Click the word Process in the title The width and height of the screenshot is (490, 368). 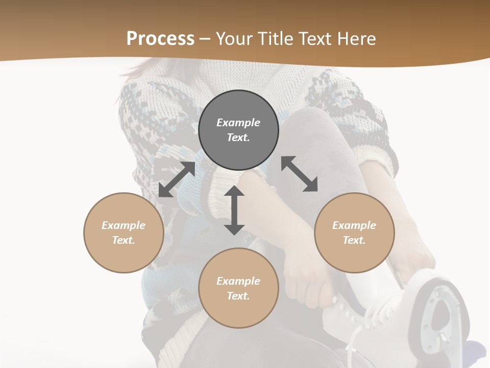[160, 38]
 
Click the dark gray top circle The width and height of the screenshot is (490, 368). [238, 105]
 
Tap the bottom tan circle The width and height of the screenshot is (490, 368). [238, 312]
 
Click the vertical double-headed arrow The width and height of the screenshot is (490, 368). [234, 210]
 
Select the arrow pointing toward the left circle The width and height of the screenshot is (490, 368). [177, 179]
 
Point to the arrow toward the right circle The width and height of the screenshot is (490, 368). [300, 174]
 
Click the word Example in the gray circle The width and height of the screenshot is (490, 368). [238, 123]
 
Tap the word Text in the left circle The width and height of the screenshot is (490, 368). [123, 240]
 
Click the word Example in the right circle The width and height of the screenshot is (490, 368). [354, 225]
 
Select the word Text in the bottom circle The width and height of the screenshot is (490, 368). [238, 296]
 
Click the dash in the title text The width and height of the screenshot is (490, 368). [205, 39]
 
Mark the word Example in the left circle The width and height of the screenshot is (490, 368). [124, 225]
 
